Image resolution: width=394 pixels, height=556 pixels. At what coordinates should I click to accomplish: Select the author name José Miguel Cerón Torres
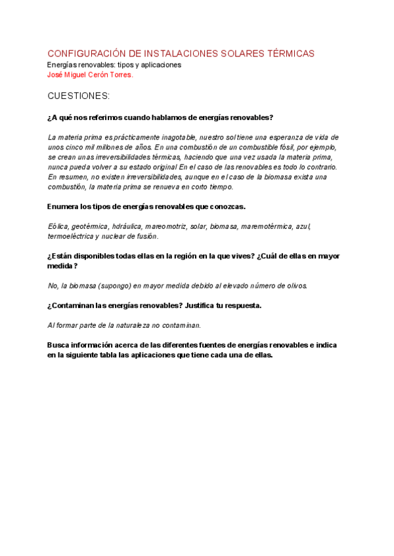click(x=91, y=75)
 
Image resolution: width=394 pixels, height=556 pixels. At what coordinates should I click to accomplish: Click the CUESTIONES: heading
click(x=79, y=96)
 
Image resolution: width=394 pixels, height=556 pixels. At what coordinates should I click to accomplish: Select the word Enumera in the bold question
click(x=63, y=207)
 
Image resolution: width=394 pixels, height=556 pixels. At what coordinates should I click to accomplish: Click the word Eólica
click(x=58, y=226)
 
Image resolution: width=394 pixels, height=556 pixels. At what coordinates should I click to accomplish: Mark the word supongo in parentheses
click(x=116, y=285)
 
